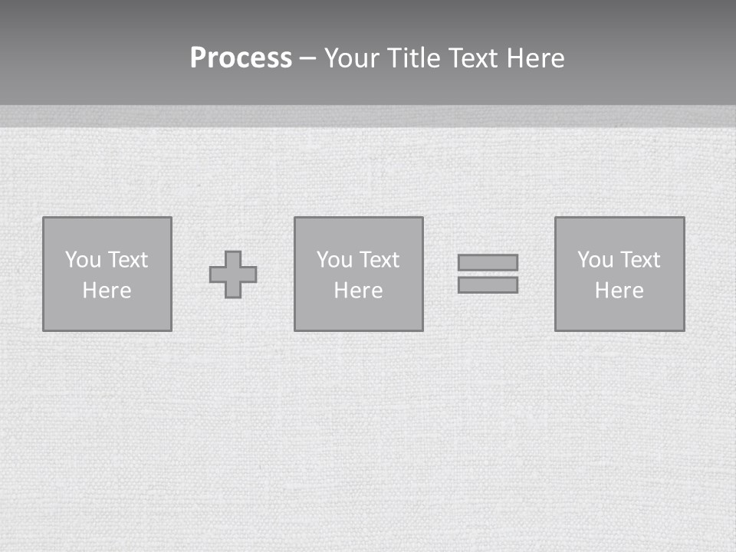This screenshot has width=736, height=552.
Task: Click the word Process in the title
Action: [x=241, y=58]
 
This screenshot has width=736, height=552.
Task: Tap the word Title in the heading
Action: [x=416, y=58]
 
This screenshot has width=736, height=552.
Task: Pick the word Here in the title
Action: [x=537, y=58]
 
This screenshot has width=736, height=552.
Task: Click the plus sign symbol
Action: [x=233, y=274]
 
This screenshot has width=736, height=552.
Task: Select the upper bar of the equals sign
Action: [x=488, y=262]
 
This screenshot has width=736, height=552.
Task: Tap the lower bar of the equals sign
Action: [x=488, y=285]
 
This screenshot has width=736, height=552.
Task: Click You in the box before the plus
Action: [x=83, y=260]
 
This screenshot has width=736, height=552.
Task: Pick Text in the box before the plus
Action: [x=127, y=260]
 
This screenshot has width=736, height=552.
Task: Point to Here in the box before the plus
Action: [x=107, y=291]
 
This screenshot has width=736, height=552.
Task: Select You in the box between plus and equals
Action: [x=334, y=260]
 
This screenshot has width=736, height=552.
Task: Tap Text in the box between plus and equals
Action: [x=379, y=260]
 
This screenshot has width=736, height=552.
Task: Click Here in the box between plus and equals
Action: [x=358, y=291]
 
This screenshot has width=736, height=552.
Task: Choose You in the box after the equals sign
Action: [x=595, y=260]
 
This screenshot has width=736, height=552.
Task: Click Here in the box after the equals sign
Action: [x=619, y=291]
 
